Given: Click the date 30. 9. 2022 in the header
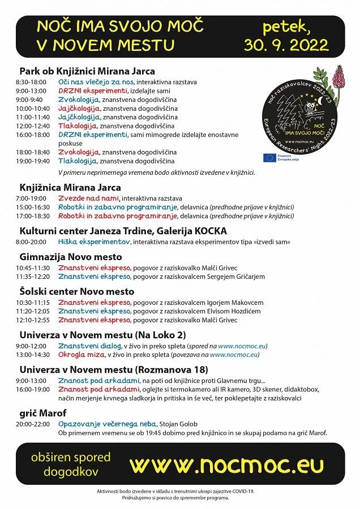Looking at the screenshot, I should coord(286,45).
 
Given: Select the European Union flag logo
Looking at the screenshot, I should coord(269,158).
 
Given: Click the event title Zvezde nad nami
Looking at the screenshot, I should coord(88,199).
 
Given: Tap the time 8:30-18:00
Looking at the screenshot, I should coord(30,82).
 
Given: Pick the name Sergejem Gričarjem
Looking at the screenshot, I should coord(239,277).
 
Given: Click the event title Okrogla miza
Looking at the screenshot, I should coord(81,355).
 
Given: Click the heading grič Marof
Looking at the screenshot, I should coord(43,413).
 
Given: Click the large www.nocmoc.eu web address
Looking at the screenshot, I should coord(226,465).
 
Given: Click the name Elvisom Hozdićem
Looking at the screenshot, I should coord(238,311).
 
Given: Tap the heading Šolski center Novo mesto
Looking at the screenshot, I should coord(77,291).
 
